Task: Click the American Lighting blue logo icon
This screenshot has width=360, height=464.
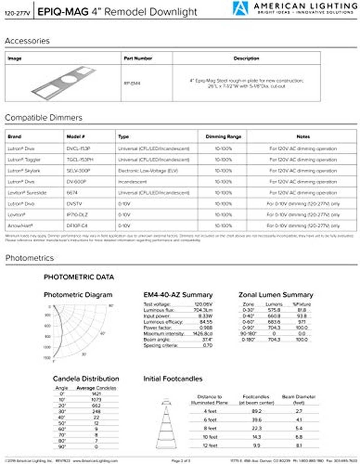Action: (240, 8)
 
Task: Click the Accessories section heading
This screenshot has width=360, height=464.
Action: (27, 41)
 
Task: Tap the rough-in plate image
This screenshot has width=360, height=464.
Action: (64, 80)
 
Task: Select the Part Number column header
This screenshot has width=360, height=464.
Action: (138, 58)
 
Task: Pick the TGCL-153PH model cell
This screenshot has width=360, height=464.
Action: (80, 160)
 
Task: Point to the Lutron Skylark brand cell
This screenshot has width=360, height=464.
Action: (24, 171)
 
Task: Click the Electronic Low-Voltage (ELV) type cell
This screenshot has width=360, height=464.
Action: (148, 171)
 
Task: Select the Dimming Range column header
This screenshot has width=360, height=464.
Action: (223, 137)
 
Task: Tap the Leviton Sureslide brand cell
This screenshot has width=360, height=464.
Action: (27, 193)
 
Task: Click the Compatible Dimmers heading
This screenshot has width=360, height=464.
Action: (43, 118)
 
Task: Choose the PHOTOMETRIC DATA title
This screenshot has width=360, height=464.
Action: (79, 277)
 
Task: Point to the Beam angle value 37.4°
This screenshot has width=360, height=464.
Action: (207, 339)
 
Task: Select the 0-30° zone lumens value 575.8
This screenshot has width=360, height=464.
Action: (274, 310)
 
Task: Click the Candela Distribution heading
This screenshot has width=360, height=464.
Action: (86, 379)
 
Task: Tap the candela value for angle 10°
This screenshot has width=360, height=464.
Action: (96, 399)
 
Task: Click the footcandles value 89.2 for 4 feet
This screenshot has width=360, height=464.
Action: (256, 411)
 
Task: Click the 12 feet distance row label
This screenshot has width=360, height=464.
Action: (210, 445)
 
